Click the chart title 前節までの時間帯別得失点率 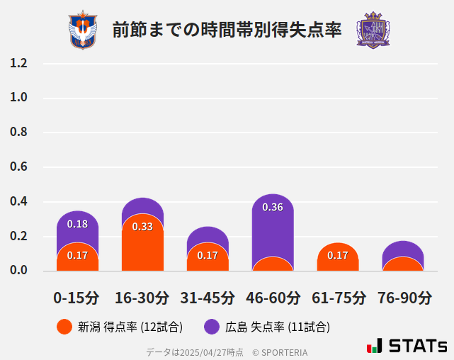tap(227, 30)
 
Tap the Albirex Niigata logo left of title tap(82, 30)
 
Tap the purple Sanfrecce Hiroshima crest tap(373, 30)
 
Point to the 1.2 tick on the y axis tap(19, 63)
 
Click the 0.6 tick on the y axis tap(19, 167)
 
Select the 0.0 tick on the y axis tap(19, 271)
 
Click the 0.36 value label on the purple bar tap(273, 207)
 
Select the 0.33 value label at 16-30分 tap(142, 227)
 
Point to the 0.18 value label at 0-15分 tap(77, 224)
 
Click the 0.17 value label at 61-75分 tap(338, 255)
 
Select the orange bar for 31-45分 tap(208, 259)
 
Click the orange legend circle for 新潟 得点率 tap(64, 327)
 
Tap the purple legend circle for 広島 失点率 tap(212, 327)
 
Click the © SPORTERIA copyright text tap(280, 351)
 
